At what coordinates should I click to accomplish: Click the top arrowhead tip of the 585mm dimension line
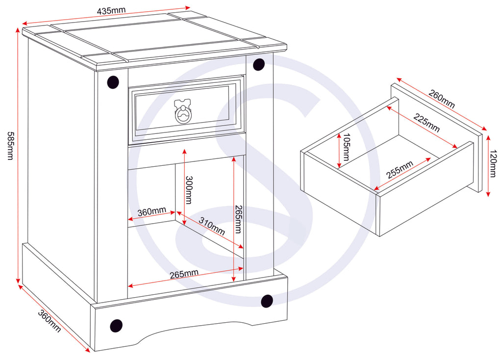(18, 28)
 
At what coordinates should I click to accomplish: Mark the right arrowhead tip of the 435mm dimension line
(191, 7)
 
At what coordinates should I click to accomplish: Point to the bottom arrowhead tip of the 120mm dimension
(488, 197)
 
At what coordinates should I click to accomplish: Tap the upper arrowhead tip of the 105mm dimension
(339, 133)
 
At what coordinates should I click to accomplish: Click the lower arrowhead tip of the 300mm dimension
(184, 225)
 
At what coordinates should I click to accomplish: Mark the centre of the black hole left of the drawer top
(113, 82)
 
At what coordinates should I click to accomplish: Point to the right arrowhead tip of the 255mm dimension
(431, 157)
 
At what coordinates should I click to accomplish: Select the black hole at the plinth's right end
(267, 301)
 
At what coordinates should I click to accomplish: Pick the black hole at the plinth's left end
(116, 326)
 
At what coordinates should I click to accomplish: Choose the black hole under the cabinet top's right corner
(259, 65)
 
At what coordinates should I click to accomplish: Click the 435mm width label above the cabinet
(111, 11)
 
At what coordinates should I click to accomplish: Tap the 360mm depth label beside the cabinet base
(50, 321)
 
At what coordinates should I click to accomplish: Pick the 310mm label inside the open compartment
(212, 226)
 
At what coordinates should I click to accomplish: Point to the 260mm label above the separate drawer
(442, 99)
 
